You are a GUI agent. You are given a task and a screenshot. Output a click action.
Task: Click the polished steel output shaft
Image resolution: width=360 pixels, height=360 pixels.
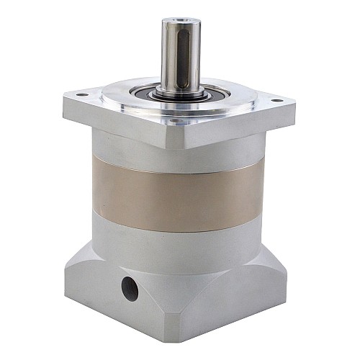pyautogui.click(x=176, y=58)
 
